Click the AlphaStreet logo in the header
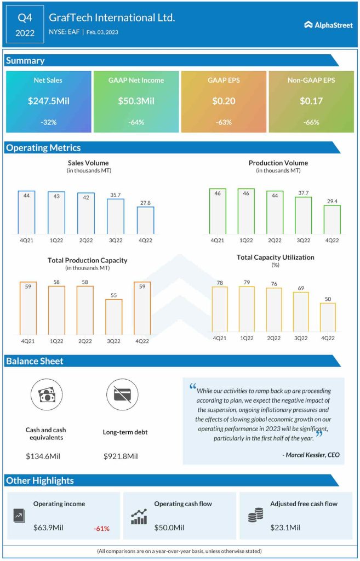[x=328, y=24]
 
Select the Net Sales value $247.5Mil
[x=48, y=101]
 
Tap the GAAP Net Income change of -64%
[x=136, y=122]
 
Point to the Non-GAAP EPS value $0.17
[x=311, y=101]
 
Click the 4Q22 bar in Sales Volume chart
[x=145, y=220]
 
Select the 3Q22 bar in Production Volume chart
[x=303, y=215]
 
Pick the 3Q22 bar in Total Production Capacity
[x=113, y=317]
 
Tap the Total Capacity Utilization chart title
[x=275, y=257]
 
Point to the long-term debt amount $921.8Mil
[x=121, y=456]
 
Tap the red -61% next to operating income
[x=101, y=529]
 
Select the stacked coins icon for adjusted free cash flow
[x=255, y=516]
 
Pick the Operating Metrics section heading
[x=43, y=148]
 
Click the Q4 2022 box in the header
[x=25, y=25]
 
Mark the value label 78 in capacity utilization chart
[x=220, y=283]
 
